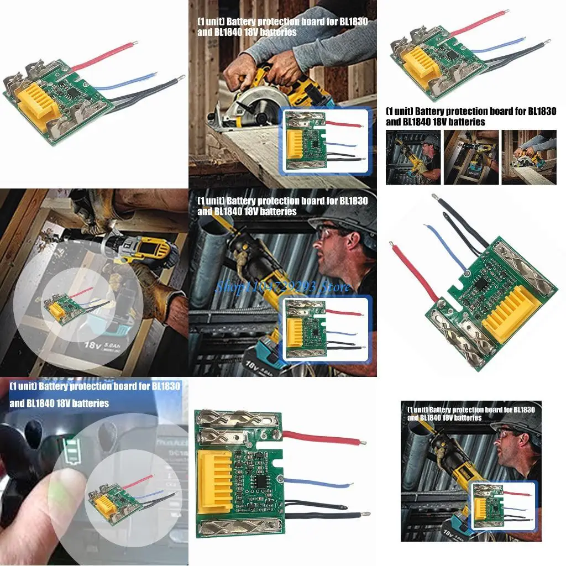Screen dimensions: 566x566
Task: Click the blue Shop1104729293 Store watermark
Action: pyautogui.click(x=282, y=287)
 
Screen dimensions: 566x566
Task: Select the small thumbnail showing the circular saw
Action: pyautogui.click(x=529, y=158)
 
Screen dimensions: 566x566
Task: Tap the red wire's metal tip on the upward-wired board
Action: pyautogui.click(x=391, y=243)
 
